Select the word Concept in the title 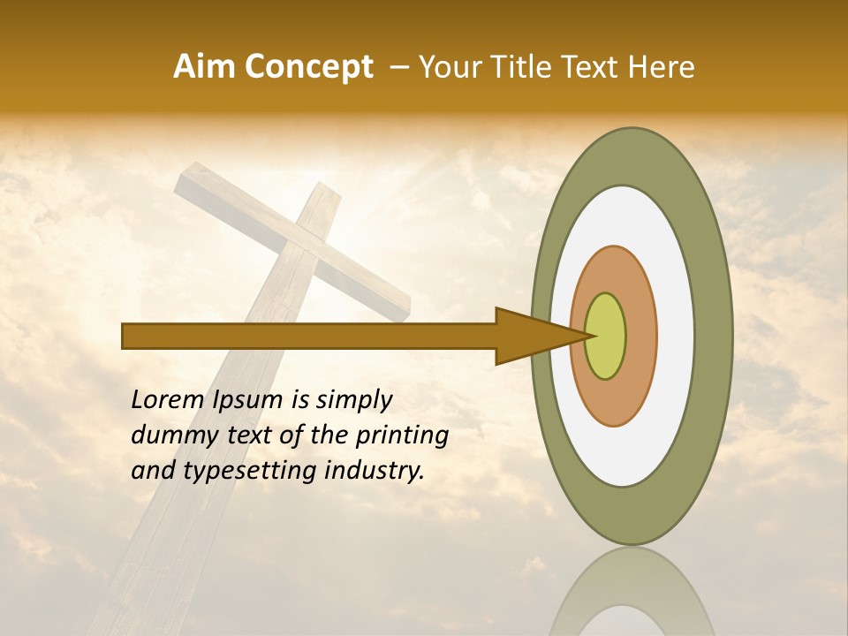[308, 66]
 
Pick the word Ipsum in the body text [250, 399]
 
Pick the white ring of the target [676, 337]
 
